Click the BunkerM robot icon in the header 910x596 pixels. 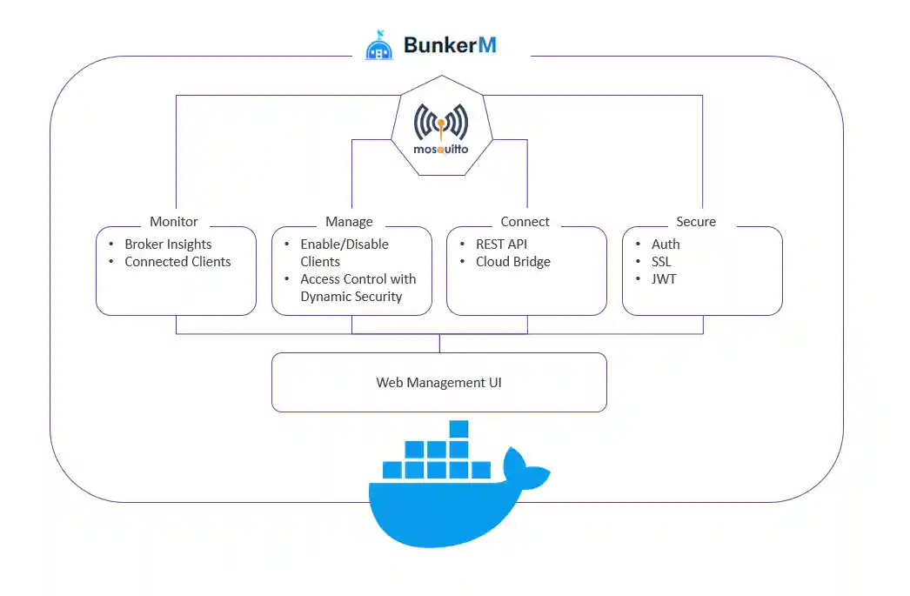click(x=380, y=45)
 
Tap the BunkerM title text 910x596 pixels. click(x=450, y=44)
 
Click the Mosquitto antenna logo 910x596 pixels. click(x=441, y=123)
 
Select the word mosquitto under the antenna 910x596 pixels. click(x=441, y=149)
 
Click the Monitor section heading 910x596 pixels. click(x=174, y=222)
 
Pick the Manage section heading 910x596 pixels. click(x=349, y=222)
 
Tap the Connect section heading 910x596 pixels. click(x=525, y=222)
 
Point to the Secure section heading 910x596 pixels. click(x=696, y=222)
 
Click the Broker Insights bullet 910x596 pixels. click(x=168, y=244)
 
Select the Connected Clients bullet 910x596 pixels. click(x=177, y=262)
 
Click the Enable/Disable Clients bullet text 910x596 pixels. click(x=345, y=253)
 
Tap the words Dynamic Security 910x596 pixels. click(x=351, y=297)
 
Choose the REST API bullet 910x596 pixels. click(x=501, y=244)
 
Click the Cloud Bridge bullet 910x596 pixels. click(x=512, y=262)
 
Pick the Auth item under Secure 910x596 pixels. click(x=666, y=244)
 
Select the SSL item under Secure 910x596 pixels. click(x=661, y=262)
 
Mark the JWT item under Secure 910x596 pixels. click(x=663, y=279)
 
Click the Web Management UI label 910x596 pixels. click(x=438, y=383)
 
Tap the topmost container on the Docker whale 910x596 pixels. click(x=458, y=429)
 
